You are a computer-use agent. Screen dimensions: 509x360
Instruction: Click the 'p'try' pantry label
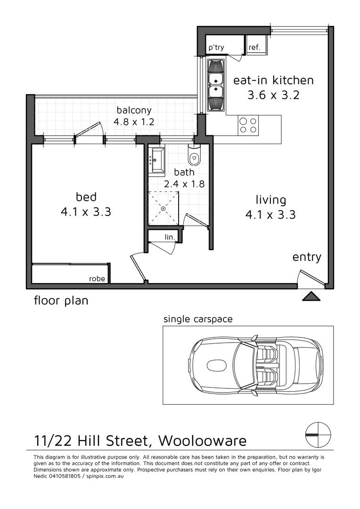[217, 48]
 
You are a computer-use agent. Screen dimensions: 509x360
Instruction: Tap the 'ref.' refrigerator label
[254, 48]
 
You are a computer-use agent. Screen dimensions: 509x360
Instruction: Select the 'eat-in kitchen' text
[273, 80]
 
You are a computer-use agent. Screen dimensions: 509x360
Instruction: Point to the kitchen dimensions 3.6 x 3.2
[273, 95]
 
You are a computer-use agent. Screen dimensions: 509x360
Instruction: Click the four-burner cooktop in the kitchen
[248, 125]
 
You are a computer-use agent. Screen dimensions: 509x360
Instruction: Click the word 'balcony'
[134, 111]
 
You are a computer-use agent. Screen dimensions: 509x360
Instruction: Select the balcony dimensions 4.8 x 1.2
[134, 122]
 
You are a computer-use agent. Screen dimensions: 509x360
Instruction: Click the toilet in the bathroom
[194, 156]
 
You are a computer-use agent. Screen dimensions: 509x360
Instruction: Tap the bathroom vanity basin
[156, 160]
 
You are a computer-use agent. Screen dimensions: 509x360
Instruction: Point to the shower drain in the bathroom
[164, 208]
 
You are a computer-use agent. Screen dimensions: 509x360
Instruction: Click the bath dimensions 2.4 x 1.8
[184, 184]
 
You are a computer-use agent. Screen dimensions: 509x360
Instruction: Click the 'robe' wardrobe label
[97, 279]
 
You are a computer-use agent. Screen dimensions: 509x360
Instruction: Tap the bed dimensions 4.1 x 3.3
[86, 212]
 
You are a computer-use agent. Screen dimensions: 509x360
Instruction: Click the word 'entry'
[307, 257]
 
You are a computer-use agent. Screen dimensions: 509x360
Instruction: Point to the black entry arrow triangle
[311, 296]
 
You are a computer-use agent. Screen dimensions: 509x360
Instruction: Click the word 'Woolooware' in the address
[202, 441]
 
